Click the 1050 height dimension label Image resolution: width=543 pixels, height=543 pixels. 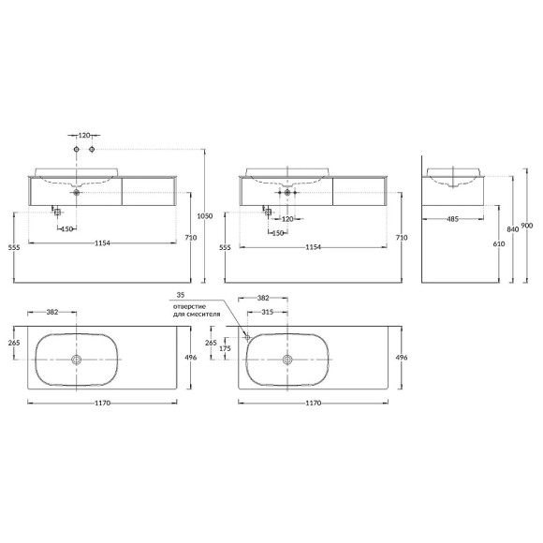(204, 216)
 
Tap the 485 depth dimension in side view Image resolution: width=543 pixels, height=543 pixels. (452, 219)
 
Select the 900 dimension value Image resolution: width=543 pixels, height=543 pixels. (527, 226)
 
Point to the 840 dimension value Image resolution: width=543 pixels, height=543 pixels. (513, 229)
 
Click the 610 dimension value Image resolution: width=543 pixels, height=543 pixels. (499, 243)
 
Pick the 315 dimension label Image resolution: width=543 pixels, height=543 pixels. (267, 312)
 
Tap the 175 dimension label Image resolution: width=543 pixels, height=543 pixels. (225, 348)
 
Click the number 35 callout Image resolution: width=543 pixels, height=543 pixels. (181, 295)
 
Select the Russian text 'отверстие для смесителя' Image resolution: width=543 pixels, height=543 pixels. (197, 311)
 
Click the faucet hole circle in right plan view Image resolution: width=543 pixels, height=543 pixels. (247, 337)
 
